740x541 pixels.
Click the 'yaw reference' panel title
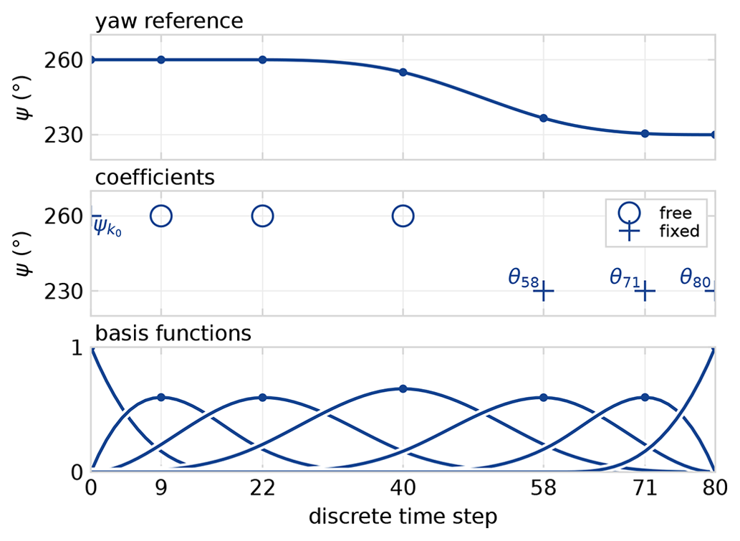click(x=169, y=21)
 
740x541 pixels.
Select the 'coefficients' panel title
click(x=155, y=177)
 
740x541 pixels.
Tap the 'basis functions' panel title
click(x=173, y=333)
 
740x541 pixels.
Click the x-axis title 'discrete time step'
click(x=403, y=516)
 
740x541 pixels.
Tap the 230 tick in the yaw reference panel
click(x=61, y=135)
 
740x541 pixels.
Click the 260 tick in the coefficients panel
click(x=61, y=216)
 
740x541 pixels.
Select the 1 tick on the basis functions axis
click(x=77, y=348)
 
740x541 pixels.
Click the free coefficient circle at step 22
click(x=262, y=216)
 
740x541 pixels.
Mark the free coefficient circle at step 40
click(x=403, y=216)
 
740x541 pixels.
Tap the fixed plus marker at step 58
click(x=543, y=291)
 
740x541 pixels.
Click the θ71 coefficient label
click(x=624, y=279)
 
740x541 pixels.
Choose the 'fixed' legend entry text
click(x=678, y=231)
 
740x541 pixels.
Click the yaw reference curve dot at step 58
click(x=543, y=118)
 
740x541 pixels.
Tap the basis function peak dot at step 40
click(x=403, y=389)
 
